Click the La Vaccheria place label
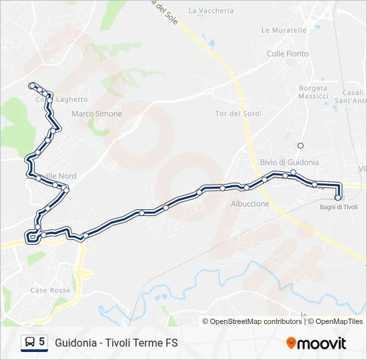[211, 11]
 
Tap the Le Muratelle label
[284, 30]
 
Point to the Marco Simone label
[97, 114]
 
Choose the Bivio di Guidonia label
[289, 162]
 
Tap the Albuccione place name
[250, 204]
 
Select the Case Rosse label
[50, 291]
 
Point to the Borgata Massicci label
[313, 92]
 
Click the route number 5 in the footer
[42, 342]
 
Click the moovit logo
[316, 343]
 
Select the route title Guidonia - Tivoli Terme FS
[116, 343]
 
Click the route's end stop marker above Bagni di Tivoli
[338, 197]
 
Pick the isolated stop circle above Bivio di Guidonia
[300, 145]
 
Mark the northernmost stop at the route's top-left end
[31, 85]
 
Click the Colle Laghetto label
[52, 100]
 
